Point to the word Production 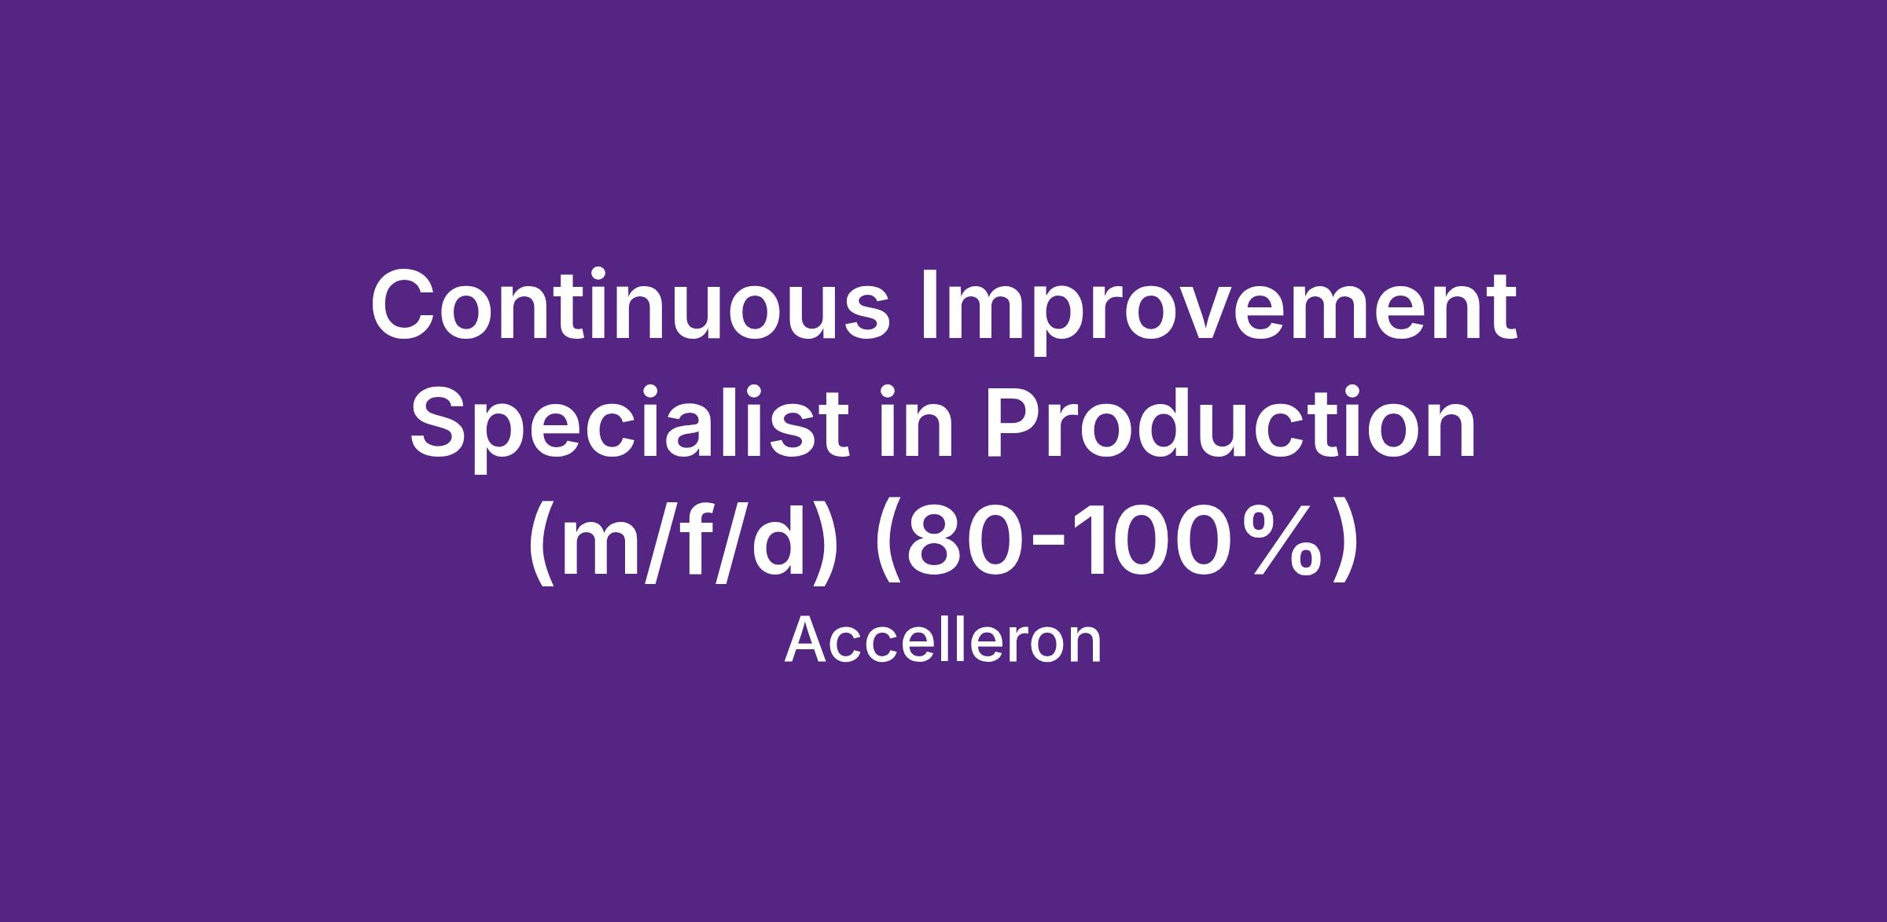pyautogui.click(x=1227, y=424)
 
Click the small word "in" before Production pyautogui.click(x=914, y=424)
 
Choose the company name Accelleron pyautogui.click(x=943, y=641)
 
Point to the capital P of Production pyautogui.click(x=1008, y=424)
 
